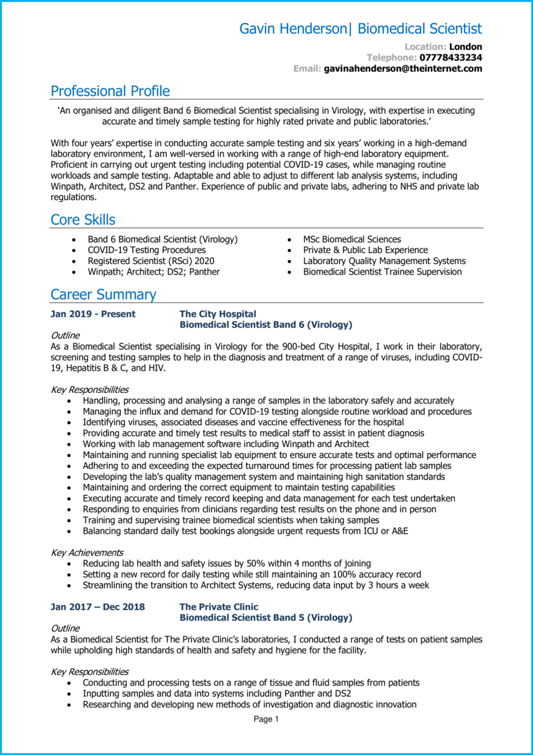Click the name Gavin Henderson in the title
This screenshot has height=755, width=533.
tap(293, 29)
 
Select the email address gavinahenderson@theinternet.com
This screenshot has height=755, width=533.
tap(403, 68)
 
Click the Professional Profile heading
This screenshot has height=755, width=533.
tap(110, 91)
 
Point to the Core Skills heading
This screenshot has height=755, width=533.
tap(83, 220)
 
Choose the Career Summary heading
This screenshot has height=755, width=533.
tap(103, 295)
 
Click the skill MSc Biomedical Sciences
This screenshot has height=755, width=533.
tap(352, 239)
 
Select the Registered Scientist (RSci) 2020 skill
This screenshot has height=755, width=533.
tap(151, 261)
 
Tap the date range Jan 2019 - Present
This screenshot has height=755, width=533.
tap(93, 314)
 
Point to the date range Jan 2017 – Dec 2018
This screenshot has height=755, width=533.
tap(97, 607)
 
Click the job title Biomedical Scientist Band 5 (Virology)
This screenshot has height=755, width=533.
tap(266, 618)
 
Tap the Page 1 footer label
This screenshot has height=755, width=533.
tap(266, 720)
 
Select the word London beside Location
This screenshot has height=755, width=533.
tap(465, 46)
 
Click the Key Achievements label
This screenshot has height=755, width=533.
tap(87, 553)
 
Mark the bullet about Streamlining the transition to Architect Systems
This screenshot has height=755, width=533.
tap(256, 585)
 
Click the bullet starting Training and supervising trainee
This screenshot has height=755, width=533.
tap(231, 520)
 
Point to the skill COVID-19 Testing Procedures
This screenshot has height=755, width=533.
tap(146, 250)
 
